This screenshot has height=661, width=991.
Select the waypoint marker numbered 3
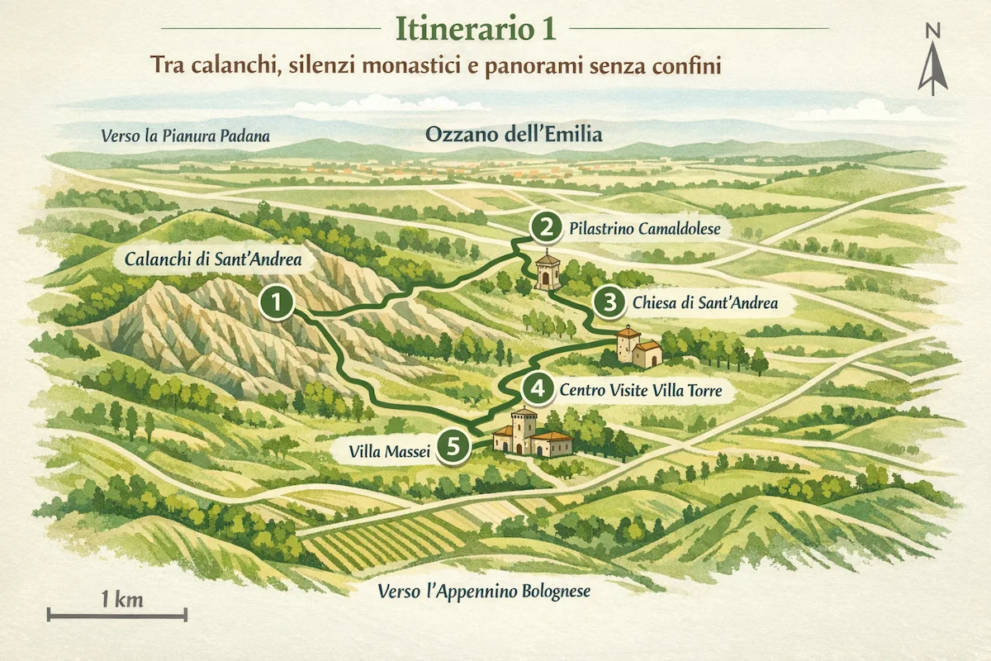coord(609,302)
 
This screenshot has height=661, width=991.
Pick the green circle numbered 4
coord(538,388)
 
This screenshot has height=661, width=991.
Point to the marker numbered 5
coord(453,446)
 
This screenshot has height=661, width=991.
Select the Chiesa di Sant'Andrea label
coord(704,303)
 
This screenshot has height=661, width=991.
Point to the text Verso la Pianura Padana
coord(186,136)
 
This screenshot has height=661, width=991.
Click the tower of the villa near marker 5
coord(524,429)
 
